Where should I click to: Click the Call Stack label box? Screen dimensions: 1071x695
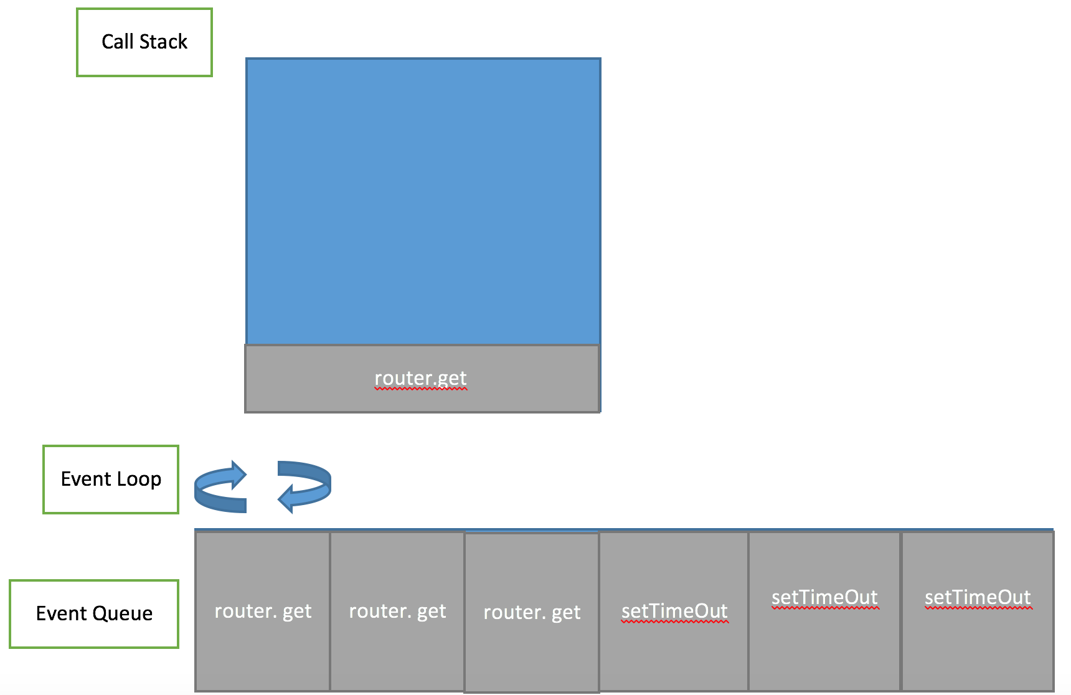tap(144, 42)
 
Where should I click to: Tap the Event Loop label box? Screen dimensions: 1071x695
tap(111, 479)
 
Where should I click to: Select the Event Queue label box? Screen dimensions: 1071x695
tap(94, 613)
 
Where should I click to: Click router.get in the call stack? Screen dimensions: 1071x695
tap(422, 378)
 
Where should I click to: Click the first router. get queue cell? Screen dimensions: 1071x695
tap(263, 611)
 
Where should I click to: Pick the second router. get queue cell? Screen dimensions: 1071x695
tap(397, 611)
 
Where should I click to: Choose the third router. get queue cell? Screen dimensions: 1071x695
tap(532, 612)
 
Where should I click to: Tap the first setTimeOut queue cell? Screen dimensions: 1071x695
tap(674, 611)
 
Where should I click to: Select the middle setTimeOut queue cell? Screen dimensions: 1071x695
tap(824, 597)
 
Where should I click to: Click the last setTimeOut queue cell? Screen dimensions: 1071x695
tap(978, 597)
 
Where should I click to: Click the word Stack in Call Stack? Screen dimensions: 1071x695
tap(163, 42)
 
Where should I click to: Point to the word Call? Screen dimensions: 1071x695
tap(118, 42)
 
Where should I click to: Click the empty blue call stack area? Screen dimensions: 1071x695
tap(423, 199)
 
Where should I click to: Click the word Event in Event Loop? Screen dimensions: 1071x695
tap(86, 479)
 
